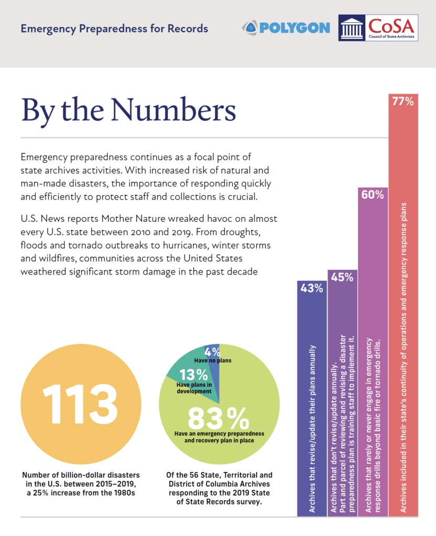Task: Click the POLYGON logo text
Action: [295, 28]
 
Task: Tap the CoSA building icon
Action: [352, 28]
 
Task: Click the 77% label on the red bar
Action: [403, 102]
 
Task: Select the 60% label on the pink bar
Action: [373, 195]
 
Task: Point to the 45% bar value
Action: [342, 277]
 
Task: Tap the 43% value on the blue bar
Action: [312, 288]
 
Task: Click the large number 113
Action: [80, 404]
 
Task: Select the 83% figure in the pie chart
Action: [219, 418]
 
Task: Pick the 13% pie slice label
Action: [194, 375]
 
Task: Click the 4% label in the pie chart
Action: [213, 352]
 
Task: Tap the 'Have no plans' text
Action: [213, 360]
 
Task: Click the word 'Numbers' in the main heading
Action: [173, 110]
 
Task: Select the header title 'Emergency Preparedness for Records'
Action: [114, 29]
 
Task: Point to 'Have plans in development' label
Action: [194, 388]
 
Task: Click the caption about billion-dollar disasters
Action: [81, 484]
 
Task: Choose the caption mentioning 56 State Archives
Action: [220, 488]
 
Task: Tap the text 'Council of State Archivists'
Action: [391, 37]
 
